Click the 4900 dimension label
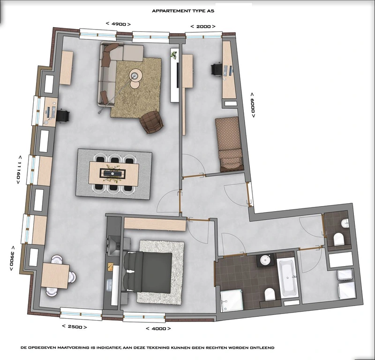[x=118, y=24]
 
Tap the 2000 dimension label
[x=203, y=26]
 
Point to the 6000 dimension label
[x=253, y=105]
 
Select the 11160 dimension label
[x=18, y=169]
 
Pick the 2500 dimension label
[x=75, y=327]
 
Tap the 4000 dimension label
[x=158, y=329]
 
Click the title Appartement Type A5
[x=183, y=11]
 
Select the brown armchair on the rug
[x=151, y=122]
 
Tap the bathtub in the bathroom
[x=288, y=277]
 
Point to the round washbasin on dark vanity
[x=265, y=260]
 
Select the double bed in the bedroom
[x=148, y=272]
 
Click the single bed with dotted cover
[x=230, y=144]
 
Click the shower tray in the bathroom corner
[x=232, y=301]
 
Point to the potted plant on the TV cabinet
[x=174, y=54]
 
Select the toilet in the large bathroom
[x=270, y=294]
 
